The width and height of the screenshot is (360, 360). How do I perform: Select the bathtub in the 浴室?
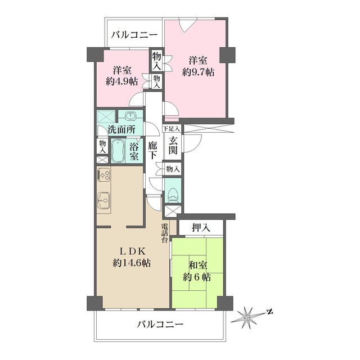(118, 151)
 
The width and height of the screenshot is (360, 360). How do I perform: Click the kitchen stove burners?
(103, 174)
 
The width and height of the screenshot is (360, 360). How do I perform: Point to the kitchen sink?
(104, 200)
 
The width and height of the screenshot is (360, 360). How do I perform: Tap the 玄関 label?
(173, 145)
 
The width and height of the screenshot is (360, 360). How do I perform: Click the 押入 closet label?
(201, 227)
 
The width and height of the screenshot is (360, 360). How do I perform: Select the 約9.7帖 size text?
(199, 72)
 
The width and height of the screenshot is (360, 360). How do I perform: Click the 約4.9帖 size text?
(121, 81)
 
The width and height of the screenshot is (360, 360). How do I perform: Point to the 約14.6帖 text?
(132, 263)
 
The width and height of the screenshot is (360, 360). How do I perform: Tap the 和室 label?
(198, 265)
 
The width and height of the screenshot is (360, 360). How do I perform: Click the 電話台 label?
(165, 233)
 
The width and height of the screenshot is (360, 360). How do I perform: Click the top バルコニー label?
(134, 35)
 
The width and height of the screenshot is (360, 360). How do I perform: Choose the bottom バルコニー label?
(160, 324)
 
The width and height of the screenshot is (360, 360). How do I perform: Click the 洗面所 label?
(121, 130)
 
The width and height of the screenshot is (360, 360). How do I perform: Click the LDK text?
(132, 251)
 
